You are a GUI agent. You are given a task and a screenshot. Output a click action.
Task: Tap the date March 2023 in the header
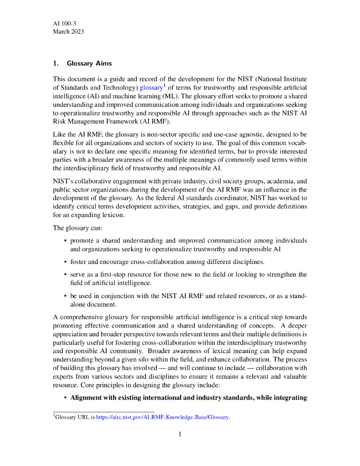(68, 31)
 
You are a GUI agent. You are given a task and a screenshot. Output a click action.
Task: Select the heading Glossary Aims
(89, 63)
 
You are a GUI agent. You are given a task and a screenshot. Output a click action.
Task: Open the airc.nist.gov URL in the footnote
(162, 417)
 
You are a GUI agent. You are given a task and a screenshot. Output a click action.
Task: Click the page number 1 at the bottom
(180, 434)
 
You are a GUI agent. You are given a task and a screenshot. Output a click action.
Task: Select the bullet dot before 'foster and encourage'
(66, 262)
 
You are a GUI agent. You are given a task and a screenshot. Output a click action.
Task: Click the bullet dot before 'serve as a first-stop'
(66, 275)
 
